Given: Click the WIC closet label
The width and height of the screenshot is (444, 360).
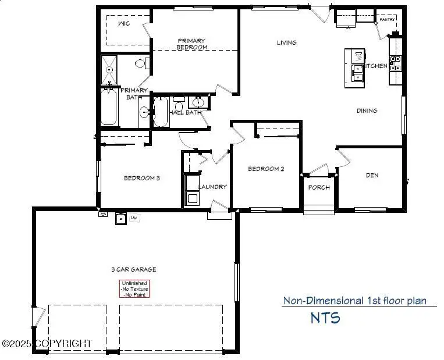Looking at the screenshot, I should point(123,23).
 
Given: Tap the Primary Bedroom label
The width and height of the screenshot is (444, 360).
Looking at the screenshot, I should point(192,44).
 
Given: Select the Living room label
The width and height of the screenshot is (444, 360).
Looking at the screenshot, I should point(286,42).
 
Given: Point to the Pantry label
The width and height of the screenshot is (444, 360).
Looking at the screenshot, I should point(387,19).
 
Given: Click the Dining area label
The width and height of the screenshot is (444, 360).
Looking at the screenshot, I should point(367,111).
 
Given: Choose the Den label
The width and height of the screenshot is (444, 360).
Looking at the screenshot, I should point(372,174).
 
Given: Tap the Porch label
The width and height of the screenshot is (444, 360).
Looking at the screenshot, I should point(319,187).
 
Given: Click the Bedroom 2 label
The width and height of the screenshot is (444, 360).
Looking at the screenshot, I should point(266,169).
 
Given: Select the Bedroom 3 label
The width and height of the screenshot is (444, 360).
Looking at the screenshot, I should point(141,178).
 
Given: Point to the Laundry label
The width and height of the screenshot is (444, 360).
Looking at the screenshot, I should point(212,187).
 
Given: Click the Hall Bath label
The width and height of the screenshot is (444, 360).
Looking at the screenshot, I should point(185,112).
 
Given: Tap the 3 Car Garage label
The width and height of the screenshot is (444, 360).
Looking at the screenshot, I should point(133,269).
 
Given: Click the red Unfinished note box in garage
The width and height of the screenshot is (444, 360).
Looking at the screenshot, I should point(134,289).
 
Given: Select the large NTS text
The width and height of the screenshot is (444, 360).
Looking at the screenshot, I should point(325,318).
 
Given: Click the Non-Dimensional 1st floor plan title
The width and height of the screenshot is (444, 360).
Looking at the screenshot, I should point(354,301).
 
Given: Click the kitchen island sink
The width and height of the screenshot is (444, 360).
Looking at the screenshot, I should point(358,73).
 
